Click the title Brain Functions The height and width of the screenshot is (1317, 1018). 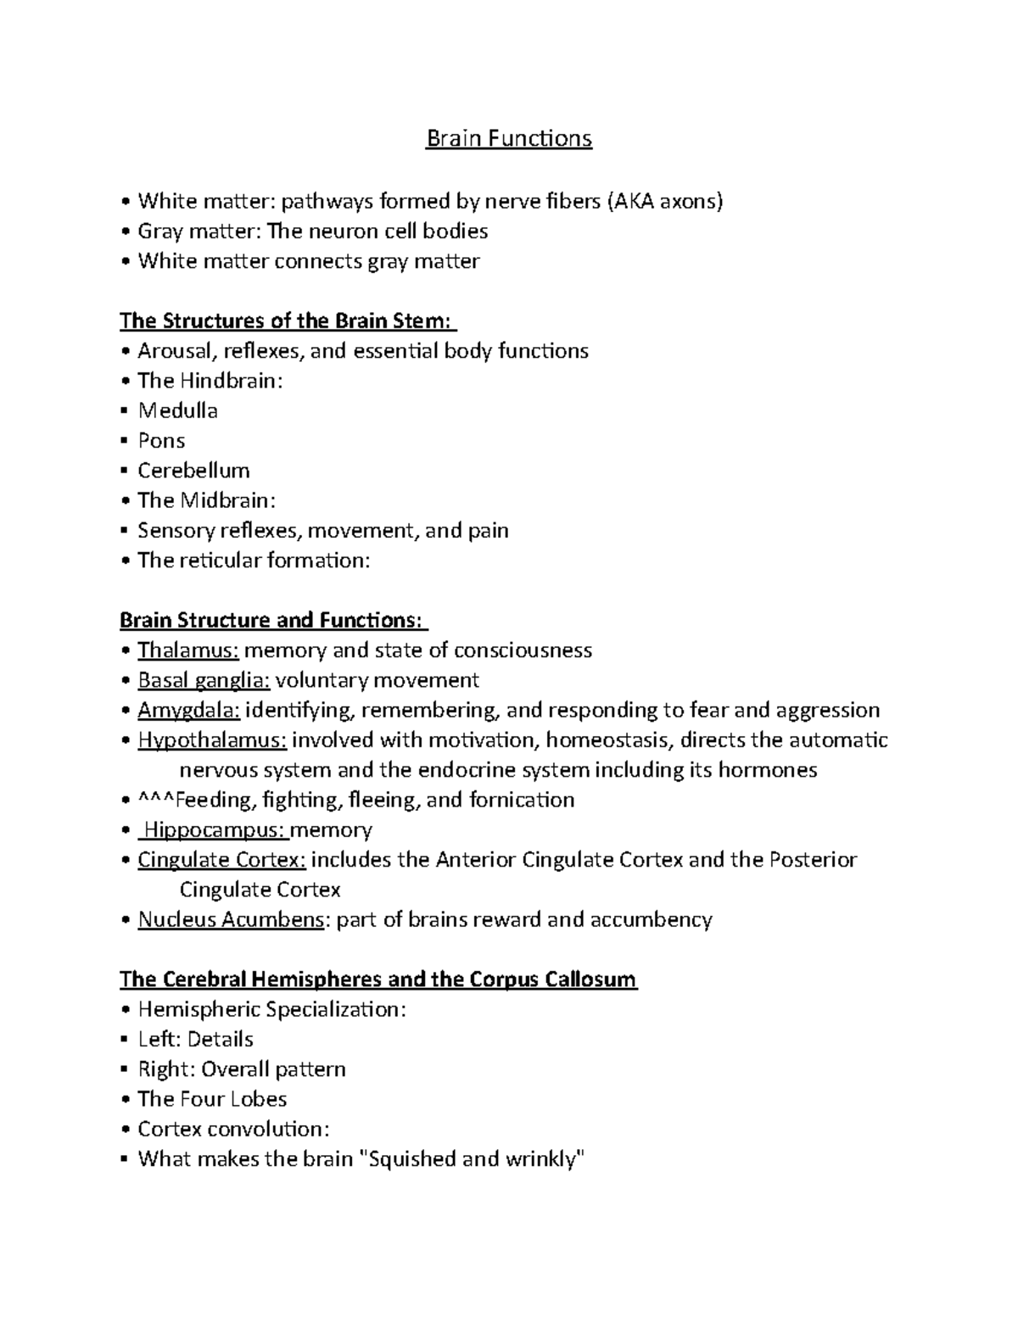508,138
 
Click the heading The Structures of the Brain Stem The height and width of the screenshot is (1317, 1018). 287,321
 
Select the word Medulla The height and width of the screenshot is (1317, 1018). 177,411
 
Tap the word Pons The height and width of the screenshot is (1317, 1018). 161,441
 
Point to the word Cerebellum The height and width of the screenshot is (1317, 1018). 193,471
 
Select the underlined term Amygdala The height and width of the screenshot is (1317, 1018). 188,710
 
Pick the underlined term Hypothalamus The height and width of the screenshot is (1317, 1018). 212,740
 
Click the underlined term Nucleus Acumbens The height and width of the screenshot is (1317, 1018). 231,920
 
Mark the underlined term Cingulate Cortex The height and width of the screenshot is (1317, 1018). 221,860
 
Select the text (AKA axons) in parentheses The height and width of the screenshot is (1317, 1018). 663,202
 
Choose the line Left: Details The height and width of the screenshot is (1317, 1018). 195,1040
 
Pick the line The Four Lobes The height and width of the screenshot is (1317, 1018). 212,1099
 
